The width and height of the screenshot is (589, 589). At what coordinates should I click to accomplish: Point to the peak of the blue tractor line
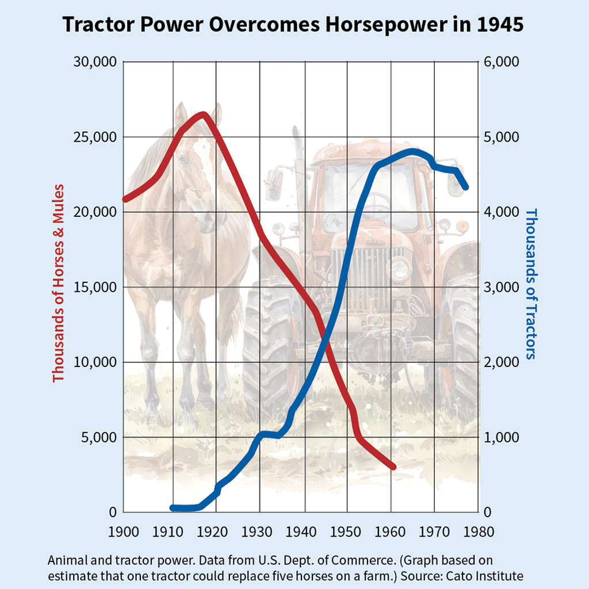pos(412,152)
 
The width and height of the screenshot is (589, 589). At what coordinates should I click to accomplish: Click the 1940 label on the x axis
pos(304,531)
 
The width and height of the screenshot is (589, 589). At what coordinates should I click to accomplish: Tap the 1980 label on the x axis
pos(478,531)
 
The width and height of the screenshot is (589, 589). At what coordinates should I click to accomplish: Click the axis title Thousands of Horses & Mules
pos(58,283)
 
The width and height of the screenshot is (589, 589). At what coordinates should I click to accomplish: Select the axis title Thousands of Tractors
pos(530,283)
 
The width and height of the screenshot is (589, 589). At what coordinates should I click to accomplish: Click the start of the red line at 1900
pos(125,199)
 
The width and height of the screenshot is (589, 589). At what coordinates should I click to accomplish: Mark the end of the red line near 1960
pos(393,466)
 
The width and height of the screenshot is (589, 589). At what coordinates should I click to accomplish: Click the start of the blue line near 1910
pos(173,508)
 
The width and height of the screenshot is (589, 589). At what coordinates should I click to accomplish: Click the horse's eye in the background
pos(182,156)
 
